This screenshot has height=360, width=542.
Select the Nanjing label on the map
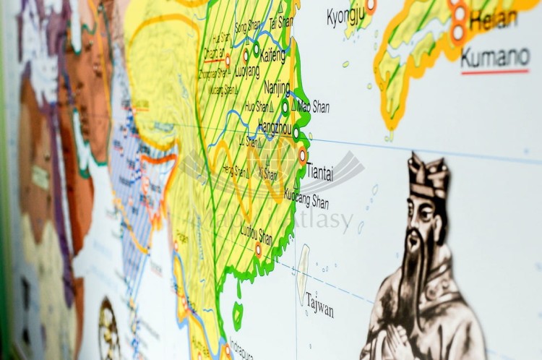pyautogui.click(x=277, y=87)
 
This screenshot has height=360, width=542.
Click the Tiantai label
pyautogui.click(x=319, y=173)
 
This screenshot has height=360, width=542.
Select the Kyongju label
pyautogui.click(x=345, y=16)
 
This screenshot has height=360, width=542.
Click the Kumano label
pyautogui.click(x=495, y=56)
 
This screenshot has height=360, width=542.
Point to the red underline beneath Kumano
pyautogui.click(x=495, y=72)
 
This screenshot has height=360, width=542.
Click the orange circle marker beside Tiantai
pyautogui.click(x=303, y=155)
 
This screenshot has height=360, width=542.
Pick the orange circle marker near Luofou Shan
pyautogui.click(x=259, y=249)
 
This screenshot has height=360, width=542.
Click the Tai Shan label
pyautogui.click(x=280, y=22)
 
